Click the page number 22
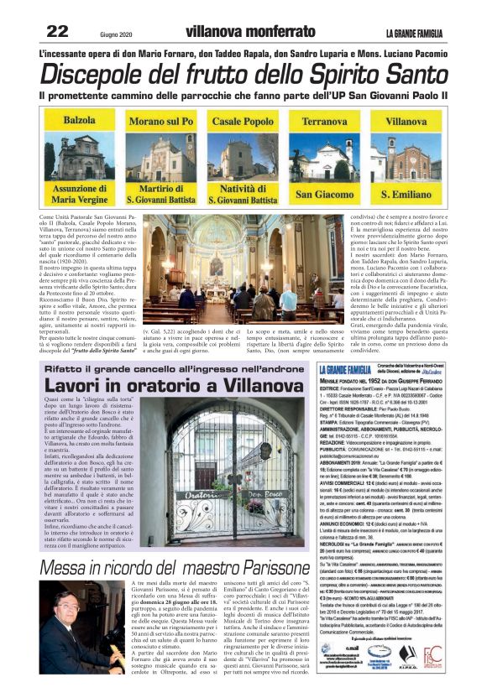point(57,32)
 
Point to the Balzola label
point(79,122)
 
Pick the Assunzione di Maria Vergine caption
point(79,195)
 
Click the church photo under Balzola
point(79,157)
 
